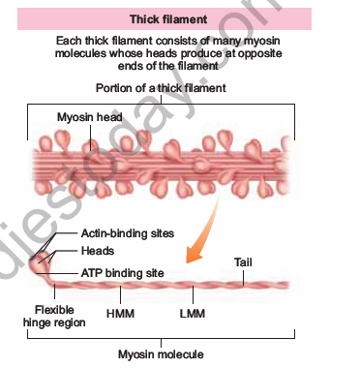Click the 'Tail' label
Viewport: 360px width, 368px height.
pyautogui.click(x=245, y=261)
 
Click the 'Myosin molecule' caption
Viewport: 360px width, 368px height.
pyautogui.click(x=161, y=354)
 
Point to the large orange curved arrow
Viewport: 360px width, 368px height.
pyautogui.click(x=205, y=242)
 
